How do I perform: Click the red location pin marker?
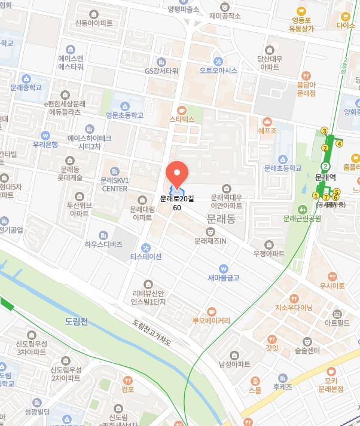tap(177, 173)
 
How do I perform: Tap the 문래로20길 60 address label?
tap(177, 203)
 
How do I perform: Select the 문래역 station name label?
tap(326, 177)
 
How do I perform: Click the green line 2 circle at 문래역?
tap(326, 166)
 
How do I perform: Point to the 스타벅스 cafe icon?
tap(182, 110)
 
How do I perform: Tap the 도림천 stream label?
tap(77, 322)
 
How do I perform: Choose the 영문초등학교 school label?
tap(124, 115)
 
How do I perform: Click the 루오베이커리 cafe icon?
tap(211, 311)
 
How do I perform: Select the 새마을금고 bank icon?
tap(223, 268)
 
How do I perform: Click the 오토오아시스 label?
tap(218, 70)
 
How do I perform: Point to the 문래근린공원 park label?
tap(303, 218)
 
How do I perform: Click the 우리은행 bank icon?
tap(45, 134)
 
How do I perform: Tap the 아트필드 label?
tap(337, 323)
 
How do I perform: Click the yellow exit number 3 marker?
tap(325, 131)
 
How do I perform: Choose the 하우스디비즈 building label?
tap(103, 244)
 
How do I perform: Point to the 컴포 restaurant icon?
tap(127, 380)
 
